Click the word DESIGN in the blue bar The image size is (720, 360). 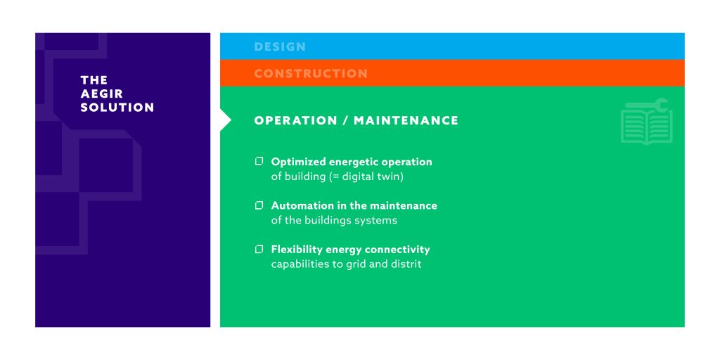(280, 46)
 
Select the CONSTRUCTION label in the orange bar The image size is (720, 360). (311, 73)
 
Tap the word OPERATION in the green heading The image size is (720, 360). (296, 120)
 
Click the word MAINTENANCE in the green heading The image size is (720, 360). (406, 120)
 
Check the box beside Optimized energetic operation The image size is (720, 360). (259, 161)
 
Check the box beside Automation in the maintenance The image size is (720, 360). (259, 205)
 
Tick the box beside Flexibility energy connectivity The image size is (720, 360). (259, 250)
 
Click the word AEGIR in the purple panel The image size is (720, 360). (102, 94)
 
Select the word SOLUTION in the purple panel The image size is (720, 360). (117, 108)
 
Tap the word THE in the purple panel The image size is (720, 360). (94, 80)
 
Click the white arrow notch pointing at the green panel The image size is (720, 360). (225, 120)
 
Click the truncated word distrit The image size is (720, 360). (406, 264)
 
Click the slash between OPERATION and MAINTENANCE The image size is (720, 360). (345, 120)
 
